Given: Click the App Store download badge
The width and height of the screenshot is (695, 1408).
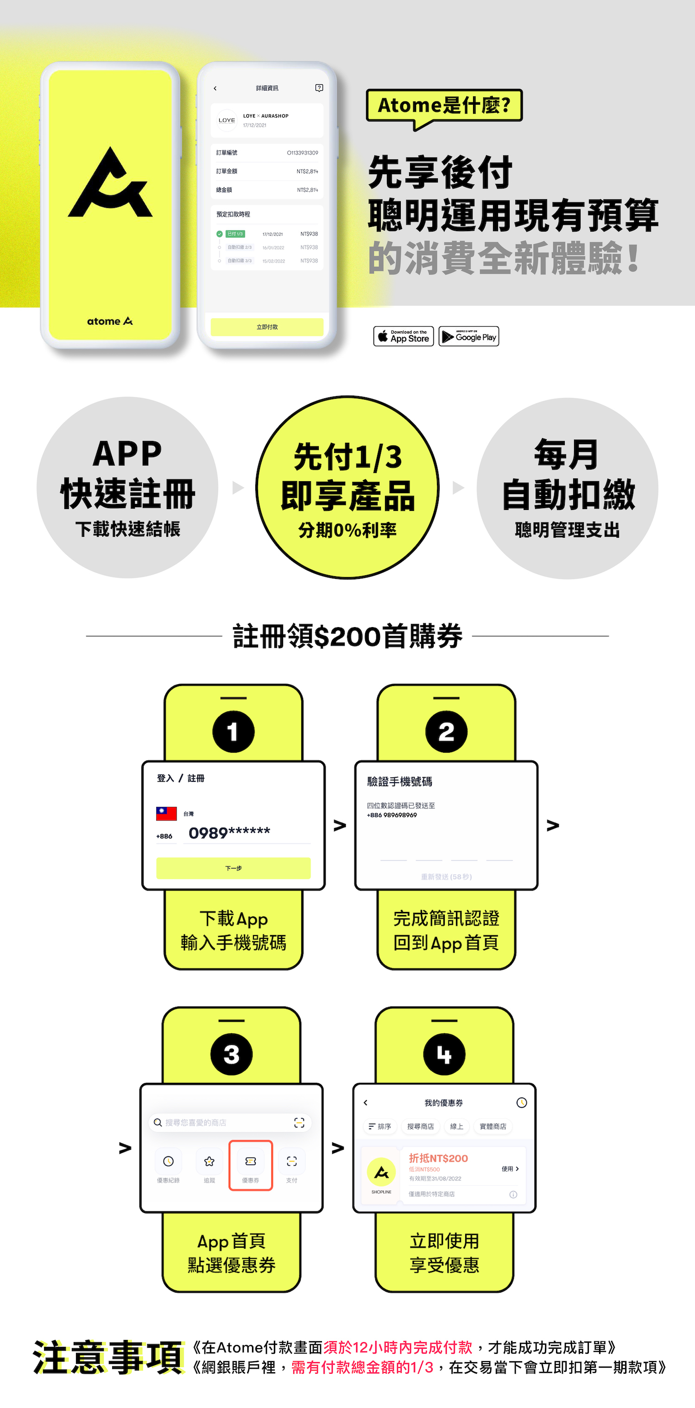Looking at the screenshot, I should tap(404, 336).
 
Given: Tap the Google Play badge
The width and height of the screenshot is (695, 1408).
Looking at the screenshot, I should tap(468, 336).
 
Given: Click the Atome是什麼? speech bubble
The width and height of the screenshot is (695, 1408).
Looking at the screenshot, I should tap(444, 106).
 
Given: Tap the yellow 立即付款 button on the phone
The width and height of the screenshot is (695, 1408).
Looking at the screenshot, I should tap(267, 327).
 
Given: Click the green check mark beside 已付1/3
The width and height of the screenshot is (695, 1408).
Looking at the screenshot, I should tap(220, 234).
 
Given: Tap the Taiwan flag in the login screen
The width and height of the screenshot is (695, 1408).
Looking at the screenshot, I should tap(166, 814).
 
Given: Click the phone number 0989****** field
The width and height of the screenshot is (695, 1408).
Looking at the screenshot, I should tap(230, 832).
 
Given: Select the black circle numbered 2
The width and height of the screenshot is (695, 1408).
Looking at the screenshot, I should tap(446, 732).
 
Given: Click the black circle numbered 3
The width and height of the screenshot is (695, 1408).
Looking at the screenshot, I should tap(231, 1054).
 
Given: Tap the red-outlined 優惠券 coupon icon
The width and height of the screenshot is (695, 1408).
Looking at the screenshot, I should tap(251, 1164).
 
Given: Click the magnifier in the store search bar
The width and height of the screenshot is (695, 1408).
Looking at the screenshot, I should tap(158, 1123).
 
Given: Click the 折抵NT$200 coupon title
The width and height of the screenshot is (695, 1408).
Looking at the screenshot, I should tap(438, 1158).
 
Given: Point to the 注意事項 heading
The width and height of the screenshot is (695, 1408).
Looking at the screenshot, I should tap(108, 1357).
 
